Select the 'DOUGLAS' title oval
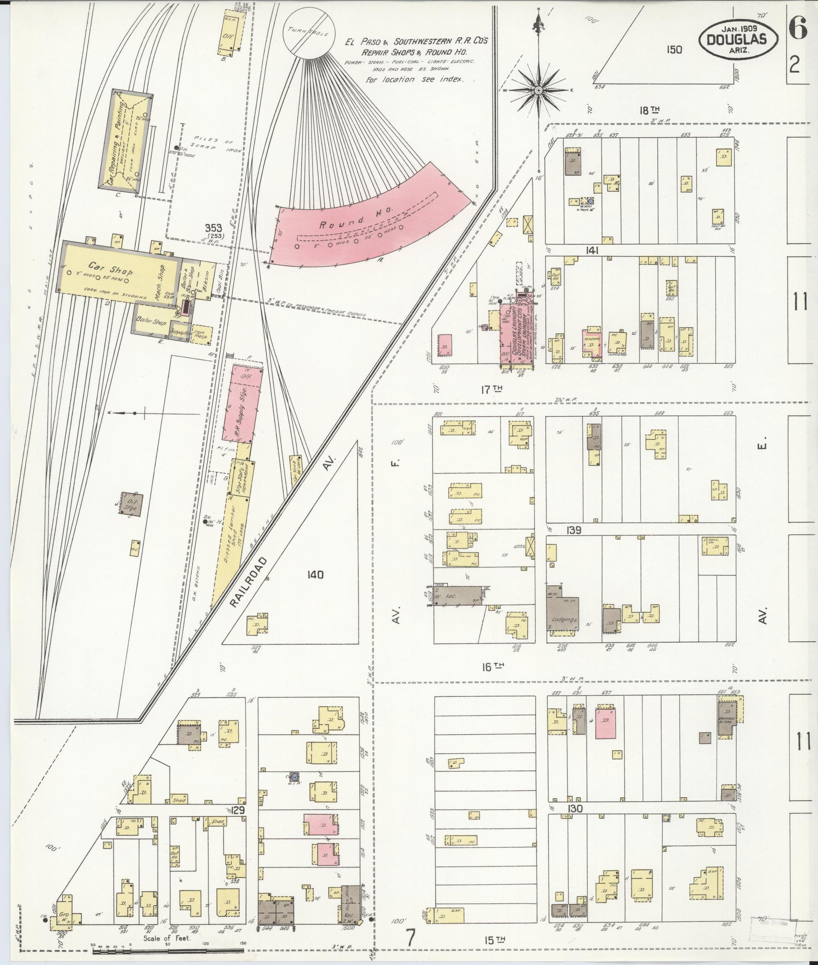pyautogui.click(x=738, y=40)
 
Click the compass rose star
pyautogui.click(x=538, y=90)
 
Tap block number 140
pyautogui.click(x=315, y=575)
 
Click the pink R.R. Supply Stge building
pyautogui.click(x=242, y=403)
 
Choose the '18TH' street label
pyautogui.click(x=649, y=110)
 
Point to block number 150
pyautogui.click(x=674, y=50)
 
